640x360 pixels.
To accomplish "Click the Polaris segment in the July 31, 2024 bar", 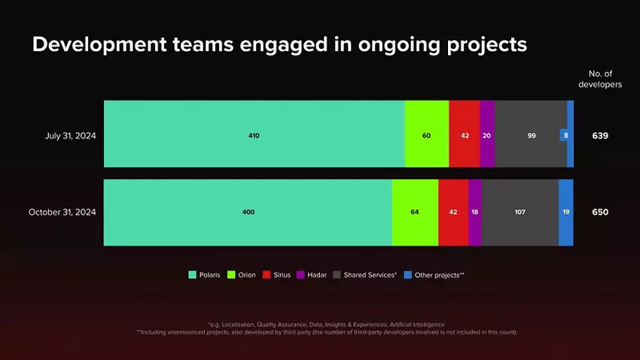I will point(254,136).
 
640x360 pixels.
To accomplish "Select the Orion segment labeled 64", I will point(414,212).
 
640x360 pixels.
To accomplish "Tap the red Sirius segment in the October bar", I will point(453,212).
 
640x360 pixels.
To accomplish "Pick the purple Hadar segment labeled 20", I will point(486,136).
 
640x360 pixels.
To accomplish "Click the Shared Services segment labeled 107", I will point(520,212).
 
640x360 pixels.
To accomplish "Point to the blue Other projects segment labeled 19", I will point(565,212).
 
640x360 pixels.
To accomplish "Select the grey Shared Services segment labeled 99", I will point(531,136).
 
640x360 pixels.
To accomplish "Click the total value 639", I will point(600,136).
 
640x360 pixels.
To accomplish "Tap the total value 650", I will point(600,212).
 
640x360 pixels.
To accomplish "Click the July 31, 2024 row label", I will point(71,136).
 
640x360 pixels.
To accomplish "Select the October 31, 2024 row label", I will point(62,212).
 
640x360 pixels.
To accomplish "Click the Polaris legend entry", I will point(204,275).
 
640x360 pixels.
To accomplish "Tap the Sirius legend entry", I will point(277,275).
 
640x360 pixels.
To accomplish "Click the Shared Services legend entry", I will point(364,275).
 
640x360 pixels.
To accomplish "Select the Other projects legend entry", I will point(434,275).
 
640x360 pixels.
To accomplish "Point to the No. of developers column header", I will point(600,79).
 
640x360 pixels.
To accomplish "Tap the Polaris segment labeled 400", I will point(248,212).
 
